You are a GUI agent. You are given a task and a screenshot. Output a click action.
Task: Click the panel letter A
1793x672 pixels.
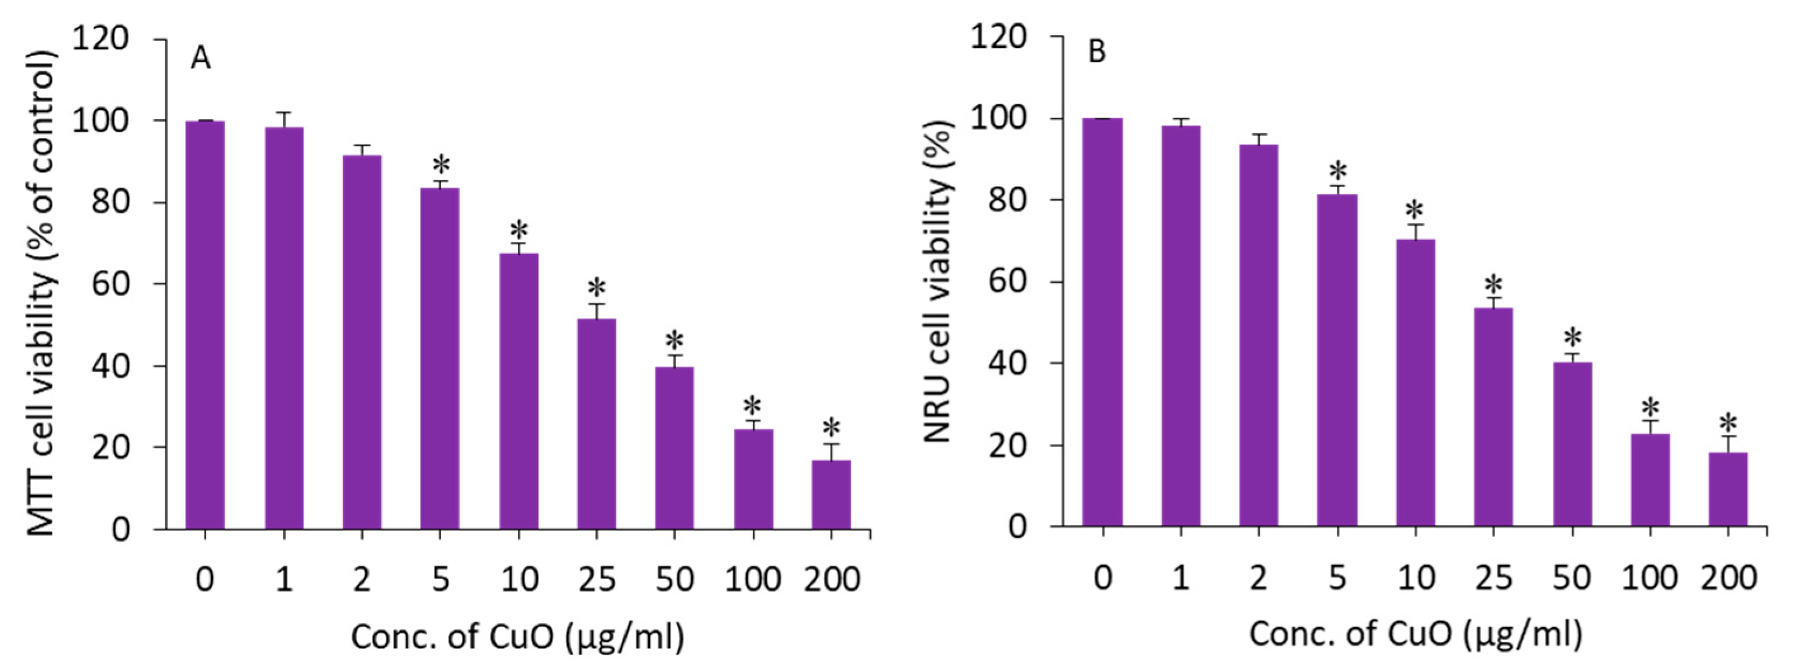coord(200,58)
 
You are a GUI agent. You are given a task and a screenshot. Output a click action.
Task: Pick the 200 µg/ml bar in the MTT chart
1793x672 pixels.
coord(831,494)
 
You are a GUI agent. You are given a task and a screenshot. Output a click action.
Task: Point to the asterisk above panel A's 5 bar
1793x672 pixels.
coord(440,166)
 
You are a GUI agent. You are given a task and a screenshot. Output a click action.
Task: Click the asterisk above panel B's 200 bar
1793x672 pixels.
coord(1728,422)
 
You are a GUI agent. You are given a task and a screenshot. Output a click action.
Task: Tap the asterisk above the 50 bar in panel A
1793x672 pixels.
coord(675,341)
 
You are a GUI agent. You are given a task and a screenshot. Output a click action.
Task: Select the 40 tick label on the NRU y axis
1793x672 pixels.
coord(1007,363)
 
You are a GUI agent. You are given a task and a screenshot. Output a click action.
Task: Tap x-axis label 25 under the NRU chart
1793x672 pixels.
coord(1494,578)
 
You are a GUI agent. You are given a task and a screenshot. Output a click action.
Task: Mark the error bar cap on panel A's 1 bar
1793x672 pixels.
coord(283,112)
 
